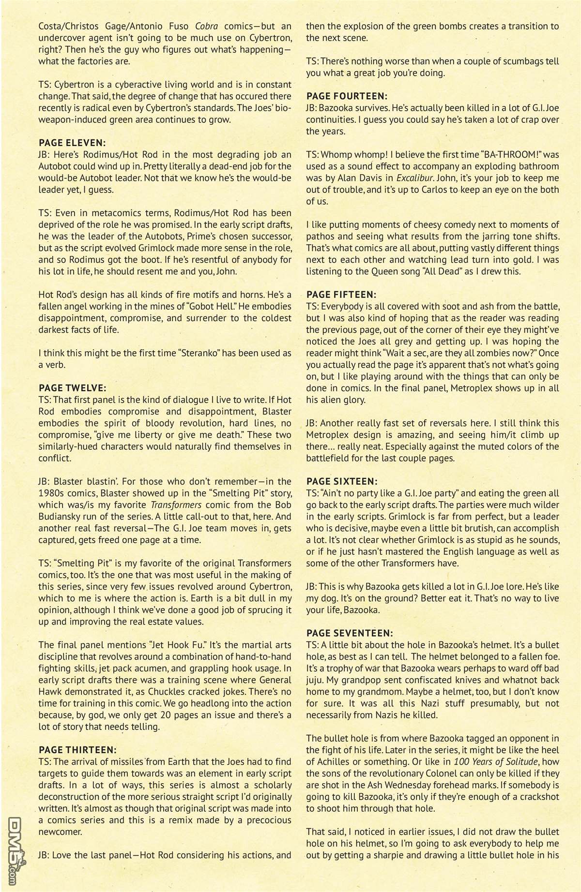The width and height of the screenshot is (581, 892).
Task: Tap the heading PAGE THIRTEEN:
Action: click(x=77, y=750)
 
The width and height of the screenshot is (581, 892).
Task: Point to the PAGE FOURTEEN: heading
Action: click(x=347, y=96)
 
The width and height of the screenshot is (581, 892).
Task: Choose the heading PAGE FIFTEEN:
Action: click(x=341, y=295)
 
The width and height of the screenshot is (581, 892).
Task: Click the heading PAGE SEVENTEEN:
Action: click(x=350, y=633)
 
